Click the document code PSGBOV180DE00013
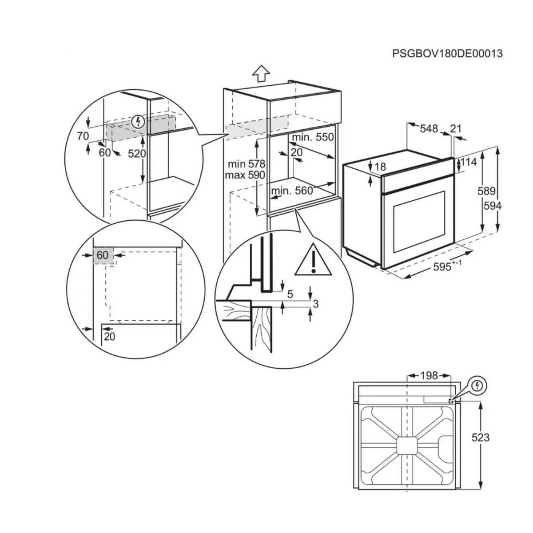(x=447, y=54)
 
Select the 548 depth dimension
(x=429, y=129)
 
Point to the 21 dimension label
(x=456, y=129)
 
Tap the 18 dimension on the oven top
(x=381, y=167)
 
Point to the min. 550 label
(x=312, y=137)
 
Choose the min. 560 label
(x=292, y=191)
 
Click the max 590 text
(x=244, y=175)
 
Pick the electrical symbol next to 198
(x=477, y=385)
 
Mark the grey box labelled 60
(x=103, y=256)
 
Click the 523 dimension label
(x=480, y=438)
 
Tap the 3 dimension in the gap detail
(x=315, y=304)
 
